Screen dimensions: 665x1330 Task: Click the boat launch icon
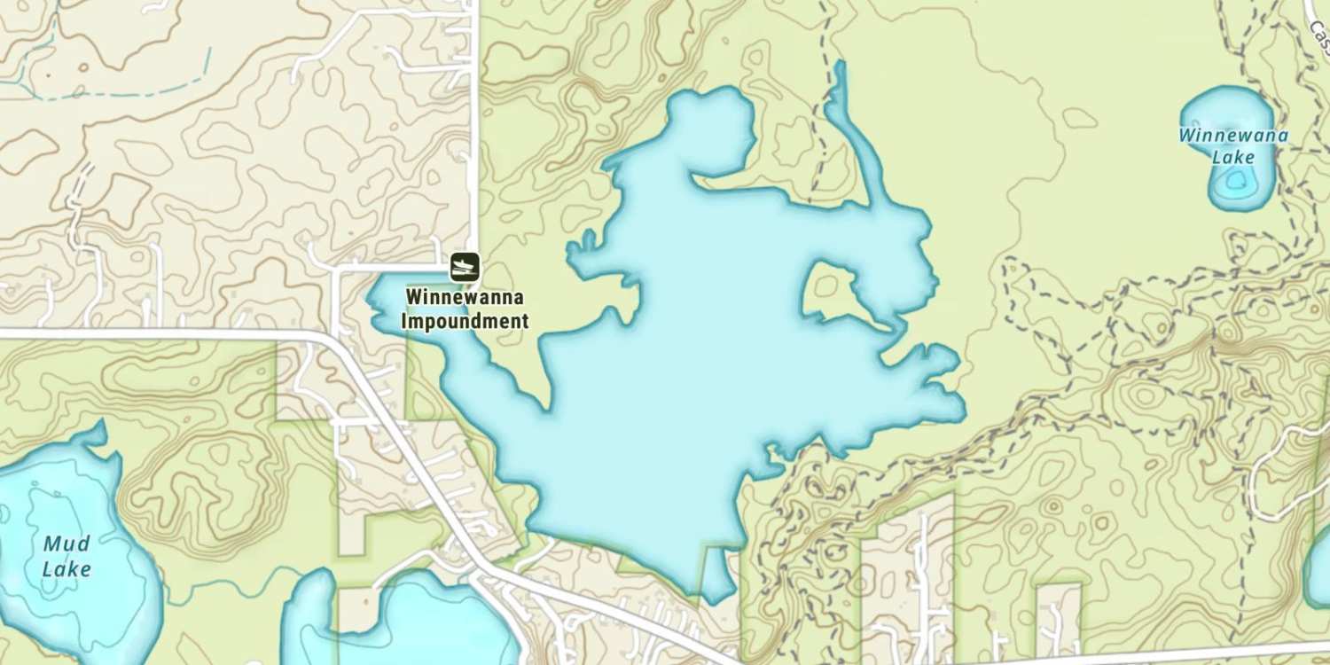coord(465,266)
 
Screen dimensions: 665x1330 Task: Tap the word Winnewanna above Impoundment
coord(465,298)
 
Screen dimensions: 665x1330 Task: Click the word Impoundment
coord(465,321)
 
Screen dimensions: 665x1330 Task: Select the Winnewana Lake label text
coord(1232,146)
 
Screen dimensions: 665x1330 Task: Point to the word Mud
coord(66,544)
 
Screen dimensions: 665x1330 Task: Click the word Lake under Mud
coord(66,568)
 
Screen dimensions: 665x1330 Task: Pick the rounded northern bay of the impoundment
coord(714,129)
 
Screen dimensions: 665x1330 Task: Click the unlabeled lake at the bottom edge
coord(417,625)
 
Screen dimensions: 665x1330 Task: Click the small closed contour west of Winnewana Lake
coord(1079,118)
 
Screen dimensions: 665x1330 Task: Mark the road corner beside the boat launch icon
coord(476,263)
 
